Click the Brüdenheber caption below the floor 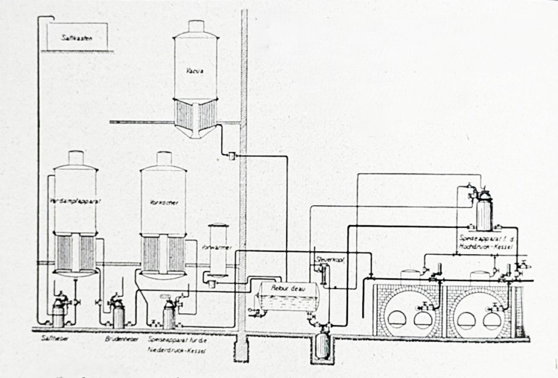(x=117, y=338)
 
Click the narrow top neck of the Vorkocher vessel (x=164, y=159)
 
